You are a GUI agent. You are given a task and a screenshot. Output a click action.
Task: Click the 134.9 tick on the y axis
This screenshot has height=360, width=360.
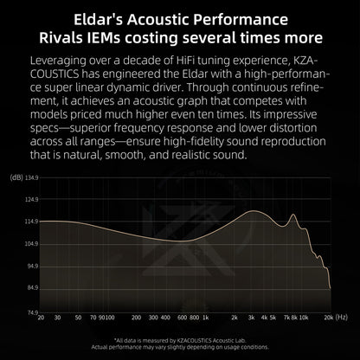[x=32, y=177]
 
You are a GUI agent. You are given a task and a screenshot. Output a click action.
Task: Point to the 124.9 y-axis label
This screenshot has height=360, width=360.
[x=32, y=199]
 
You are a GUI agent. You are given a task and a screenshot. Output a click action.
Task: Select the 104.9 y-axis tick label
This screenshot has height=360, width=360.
[x=32, y=244]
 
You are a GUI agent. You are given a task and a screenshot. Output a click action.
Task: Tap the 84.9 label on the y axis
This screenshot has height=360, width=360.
[x=32, y=289]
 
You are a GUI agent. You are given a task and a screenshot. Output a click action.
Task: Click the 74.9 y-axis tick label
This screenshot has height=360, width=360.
[x=32, y=312]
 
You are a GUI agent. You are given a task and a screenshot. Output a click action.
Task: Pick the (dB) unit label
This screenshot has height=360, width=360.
[x=16, y=177]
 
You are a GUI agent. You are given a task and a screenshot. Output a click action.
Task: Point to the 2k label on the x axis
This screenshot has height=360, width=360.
[x=235, y=318]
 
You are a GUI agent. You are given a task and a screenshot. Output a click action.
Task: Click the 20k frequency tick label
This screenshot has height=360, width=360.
[x=328, y=318]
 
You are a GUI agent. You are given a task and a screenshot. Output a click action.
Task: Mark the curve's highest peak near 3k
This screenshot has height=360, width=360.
[x=254, y=211]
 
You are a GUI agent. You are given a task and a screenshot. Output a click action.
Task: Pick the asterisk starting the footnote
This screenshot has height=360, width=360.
[x=116, y=340]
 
